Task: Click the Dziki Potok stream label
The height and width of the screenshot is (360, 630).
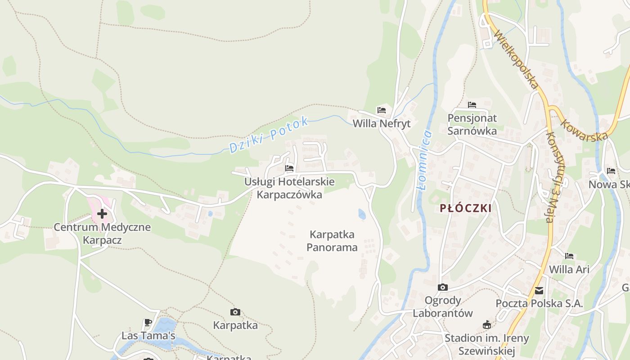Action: coord(269,134)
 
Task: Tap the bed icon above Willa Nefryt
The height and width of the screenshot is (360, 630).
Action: coord(382,110)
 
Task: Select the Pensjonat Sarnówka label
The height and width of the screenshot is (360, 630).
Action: coord(472,124)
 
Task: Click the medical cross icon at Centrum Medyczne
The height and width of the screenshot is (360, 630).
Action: coord(102,213)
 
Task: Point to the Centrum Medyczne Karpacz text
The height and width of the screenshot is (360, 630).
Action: coord(102,233)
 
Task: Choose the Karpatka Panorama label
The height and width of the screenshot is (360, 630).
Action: coord(332,241)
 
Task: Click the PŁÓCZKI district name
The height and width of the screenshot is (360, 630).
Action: coord(465,208)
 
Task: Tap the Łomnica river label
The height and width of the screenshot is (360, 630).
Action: coord(424,160)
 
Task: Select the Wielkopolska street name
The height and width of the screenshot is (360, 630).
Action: coord(516,59)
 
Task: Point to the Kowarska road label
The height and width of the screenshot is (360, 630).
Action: coord(584,129)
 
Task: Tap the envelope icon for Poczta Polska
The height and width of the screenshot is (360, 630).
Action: coord(539,291)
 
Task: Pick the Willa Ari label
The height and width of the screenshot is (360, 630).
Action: coord(569,270)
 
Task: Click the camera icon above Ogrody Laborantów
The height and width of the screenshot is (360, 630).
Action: coord(443,287)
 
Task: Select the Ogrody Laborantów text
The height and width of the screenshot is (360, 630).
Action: coord(443,306)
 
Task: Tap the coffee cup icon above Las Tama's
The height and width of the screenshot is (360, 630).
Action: coord(148,322)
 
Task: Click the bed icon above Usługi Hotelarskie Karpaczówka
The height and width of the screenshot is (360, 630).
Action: coord(289,168)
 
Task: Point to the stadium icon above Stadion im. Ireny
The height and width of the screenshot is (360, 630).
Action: coord(486,325)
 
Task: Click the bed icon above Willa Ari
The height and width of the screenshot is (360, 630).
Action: coord(569,256)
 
